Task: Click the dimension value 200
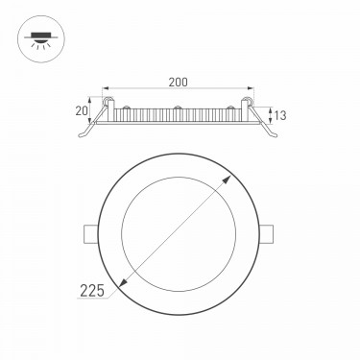[x=179, y=82]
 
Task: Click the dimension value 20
[x=82, y=110]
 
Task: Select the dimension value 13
[x=280, y=115]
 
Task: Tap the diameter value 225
[x=92, y=291]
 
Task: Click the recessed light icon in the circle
[x=41, y=39]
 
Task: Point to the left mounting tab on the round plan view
[x=90, y=234]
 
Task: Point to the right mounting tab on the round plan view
[x=267, y=234]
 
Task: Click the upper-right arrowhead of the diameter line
[x=227, y=180]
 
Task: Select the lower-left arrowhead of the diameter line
[x=123, y=282]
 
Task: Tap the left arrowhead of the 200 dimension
[x=107, y=87]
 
